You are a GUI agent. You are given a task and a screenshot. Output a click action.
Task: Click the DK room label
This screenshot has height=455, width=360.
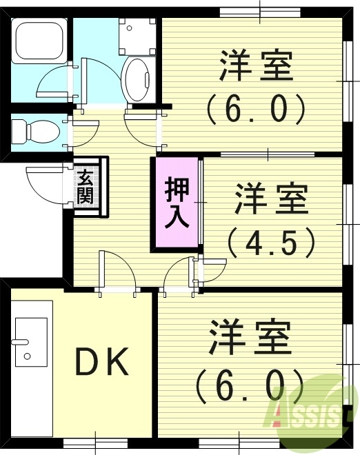[x=102, y=363]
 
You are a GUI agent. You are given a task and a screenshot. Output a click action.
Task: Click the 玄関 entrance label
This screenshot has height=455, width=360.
[x=86, y=185]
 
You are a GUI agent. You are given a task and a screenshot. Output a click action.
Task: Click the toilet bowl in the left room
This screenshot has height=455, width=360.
[x=38, y=130]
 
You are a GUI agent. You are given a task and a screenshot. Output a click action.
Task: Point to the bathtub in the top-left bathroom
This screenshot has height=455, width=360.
[x=39, y=43]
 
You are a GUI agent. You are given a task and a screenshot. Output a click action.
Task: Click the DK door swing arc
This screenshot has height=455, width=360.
[x=115, y=270]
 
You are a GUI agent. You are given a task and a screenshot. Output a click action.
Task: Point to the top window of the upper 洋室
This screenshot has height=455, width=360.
[x=261, y=11]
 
